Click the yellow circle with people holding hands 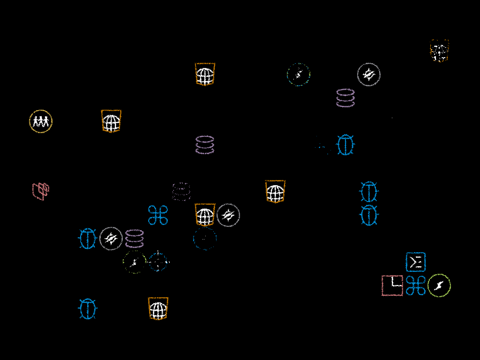coord(41,121)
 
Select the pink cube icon coord(41,191)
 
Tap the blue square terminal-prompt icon coord(416,262)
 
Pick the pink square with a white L coord(392,285)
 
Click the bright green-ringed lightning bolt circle coord(439,285)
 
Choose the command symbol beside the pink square coord(416,285)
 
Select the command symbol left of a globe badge coord(158,215)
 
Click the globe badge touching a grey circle coord(205,215)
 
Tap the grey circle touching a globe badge coord(228,215)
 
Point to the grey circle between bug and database coord(111,239)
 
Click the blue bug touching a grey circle coord(88,239)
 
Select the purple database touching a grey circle coord(135,239)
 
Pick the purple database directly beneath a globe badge coord(205,145)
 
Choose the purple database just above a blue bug coord(345,98)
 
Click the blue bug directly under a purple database coord(345,145)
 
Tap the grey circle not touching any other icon coord(369,75)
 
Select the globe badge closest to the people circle coord(111,121)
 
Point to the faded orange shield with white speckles coord(439,51)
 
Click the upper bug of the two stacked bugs coord(369,192)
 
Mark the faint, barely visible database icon coord(181,192)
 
